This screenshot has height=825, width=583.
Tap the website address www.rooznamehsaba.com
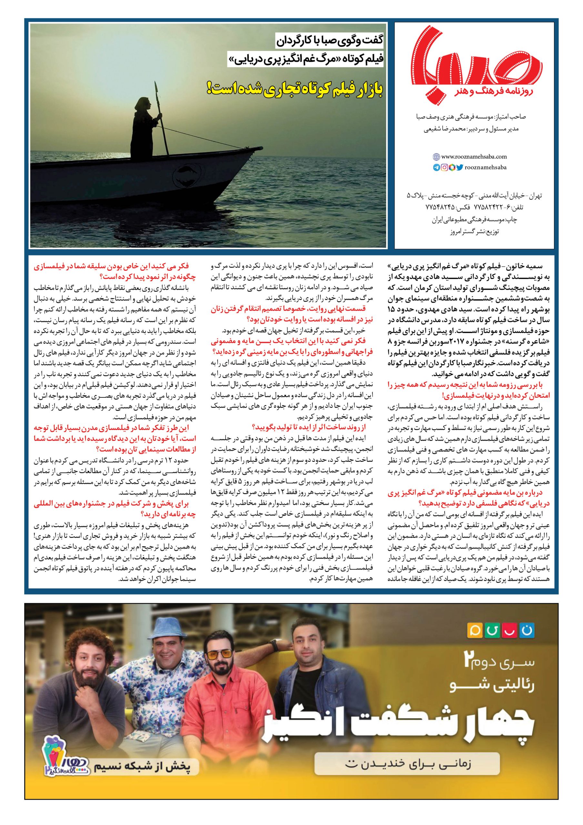point(474,157)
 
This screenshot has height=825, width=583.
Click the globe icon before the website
point(436,157)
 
